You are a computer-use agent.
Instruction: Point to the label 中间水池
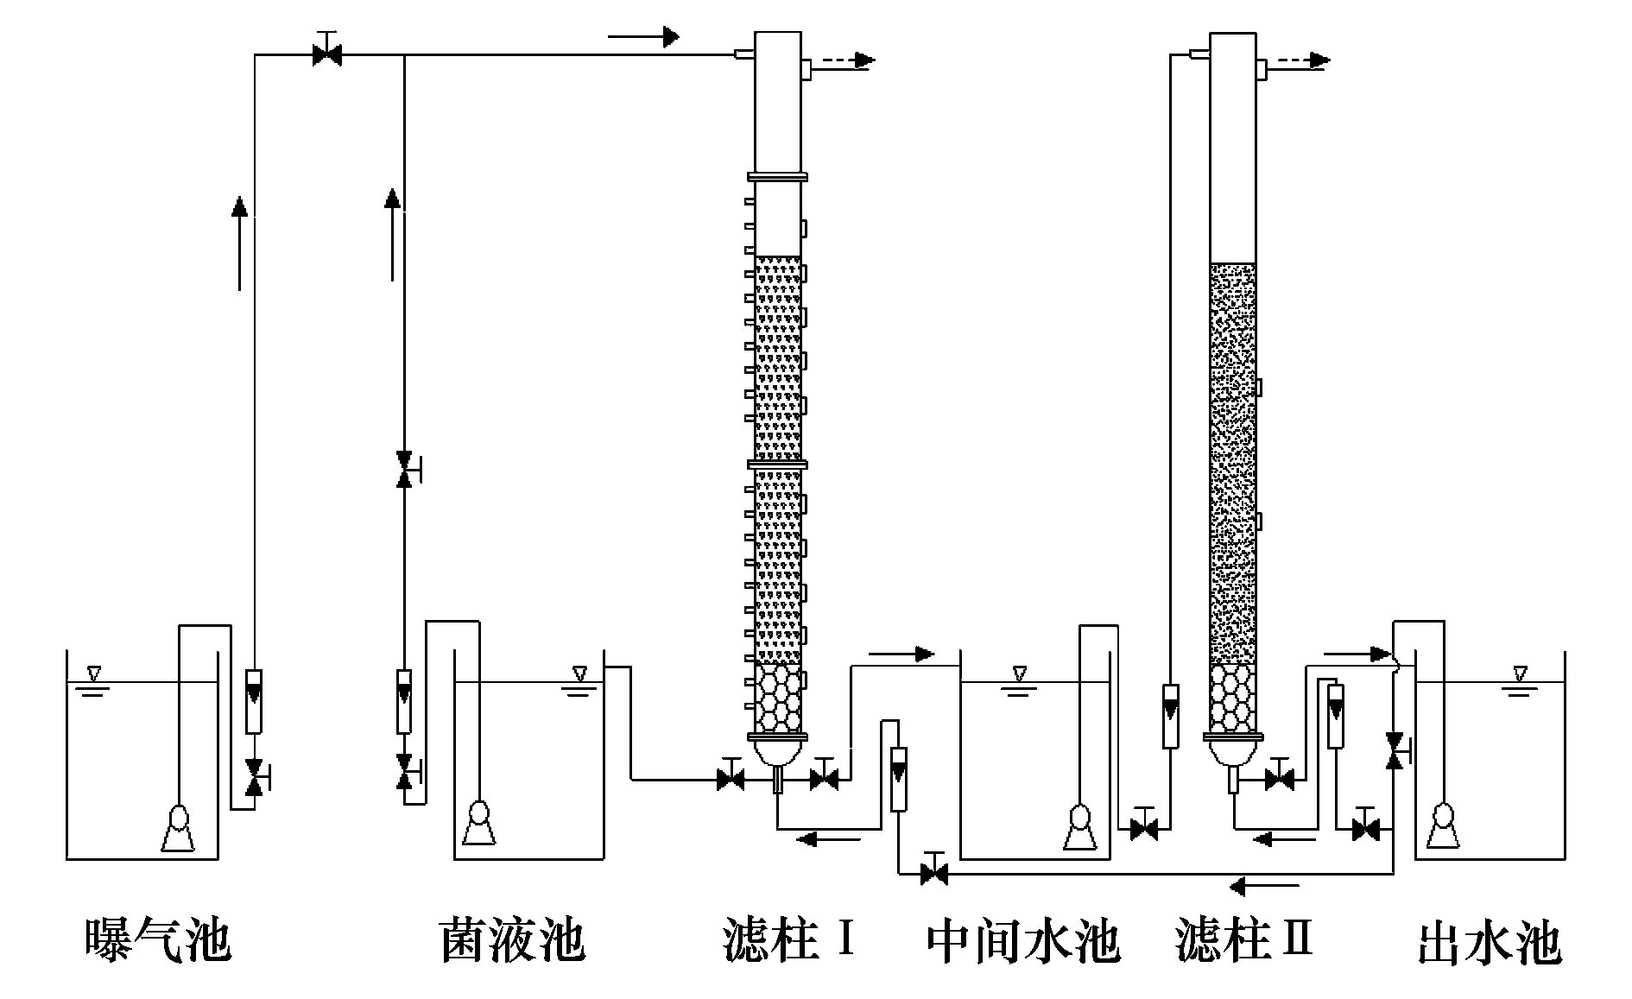tap(1023, 941)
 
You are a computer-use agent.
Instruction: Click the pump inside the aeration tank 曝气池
tap(178, 828)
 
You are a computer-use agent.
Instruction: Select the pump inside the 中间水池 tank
tap(1078, 826)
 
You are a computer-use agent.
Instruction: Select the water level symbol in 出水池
tap(1521, 673)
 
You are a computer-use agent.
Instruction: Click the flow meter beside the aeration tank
tap(254, 700)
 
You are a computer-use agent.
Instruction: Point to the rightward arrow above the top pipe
tap(643, 36)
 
